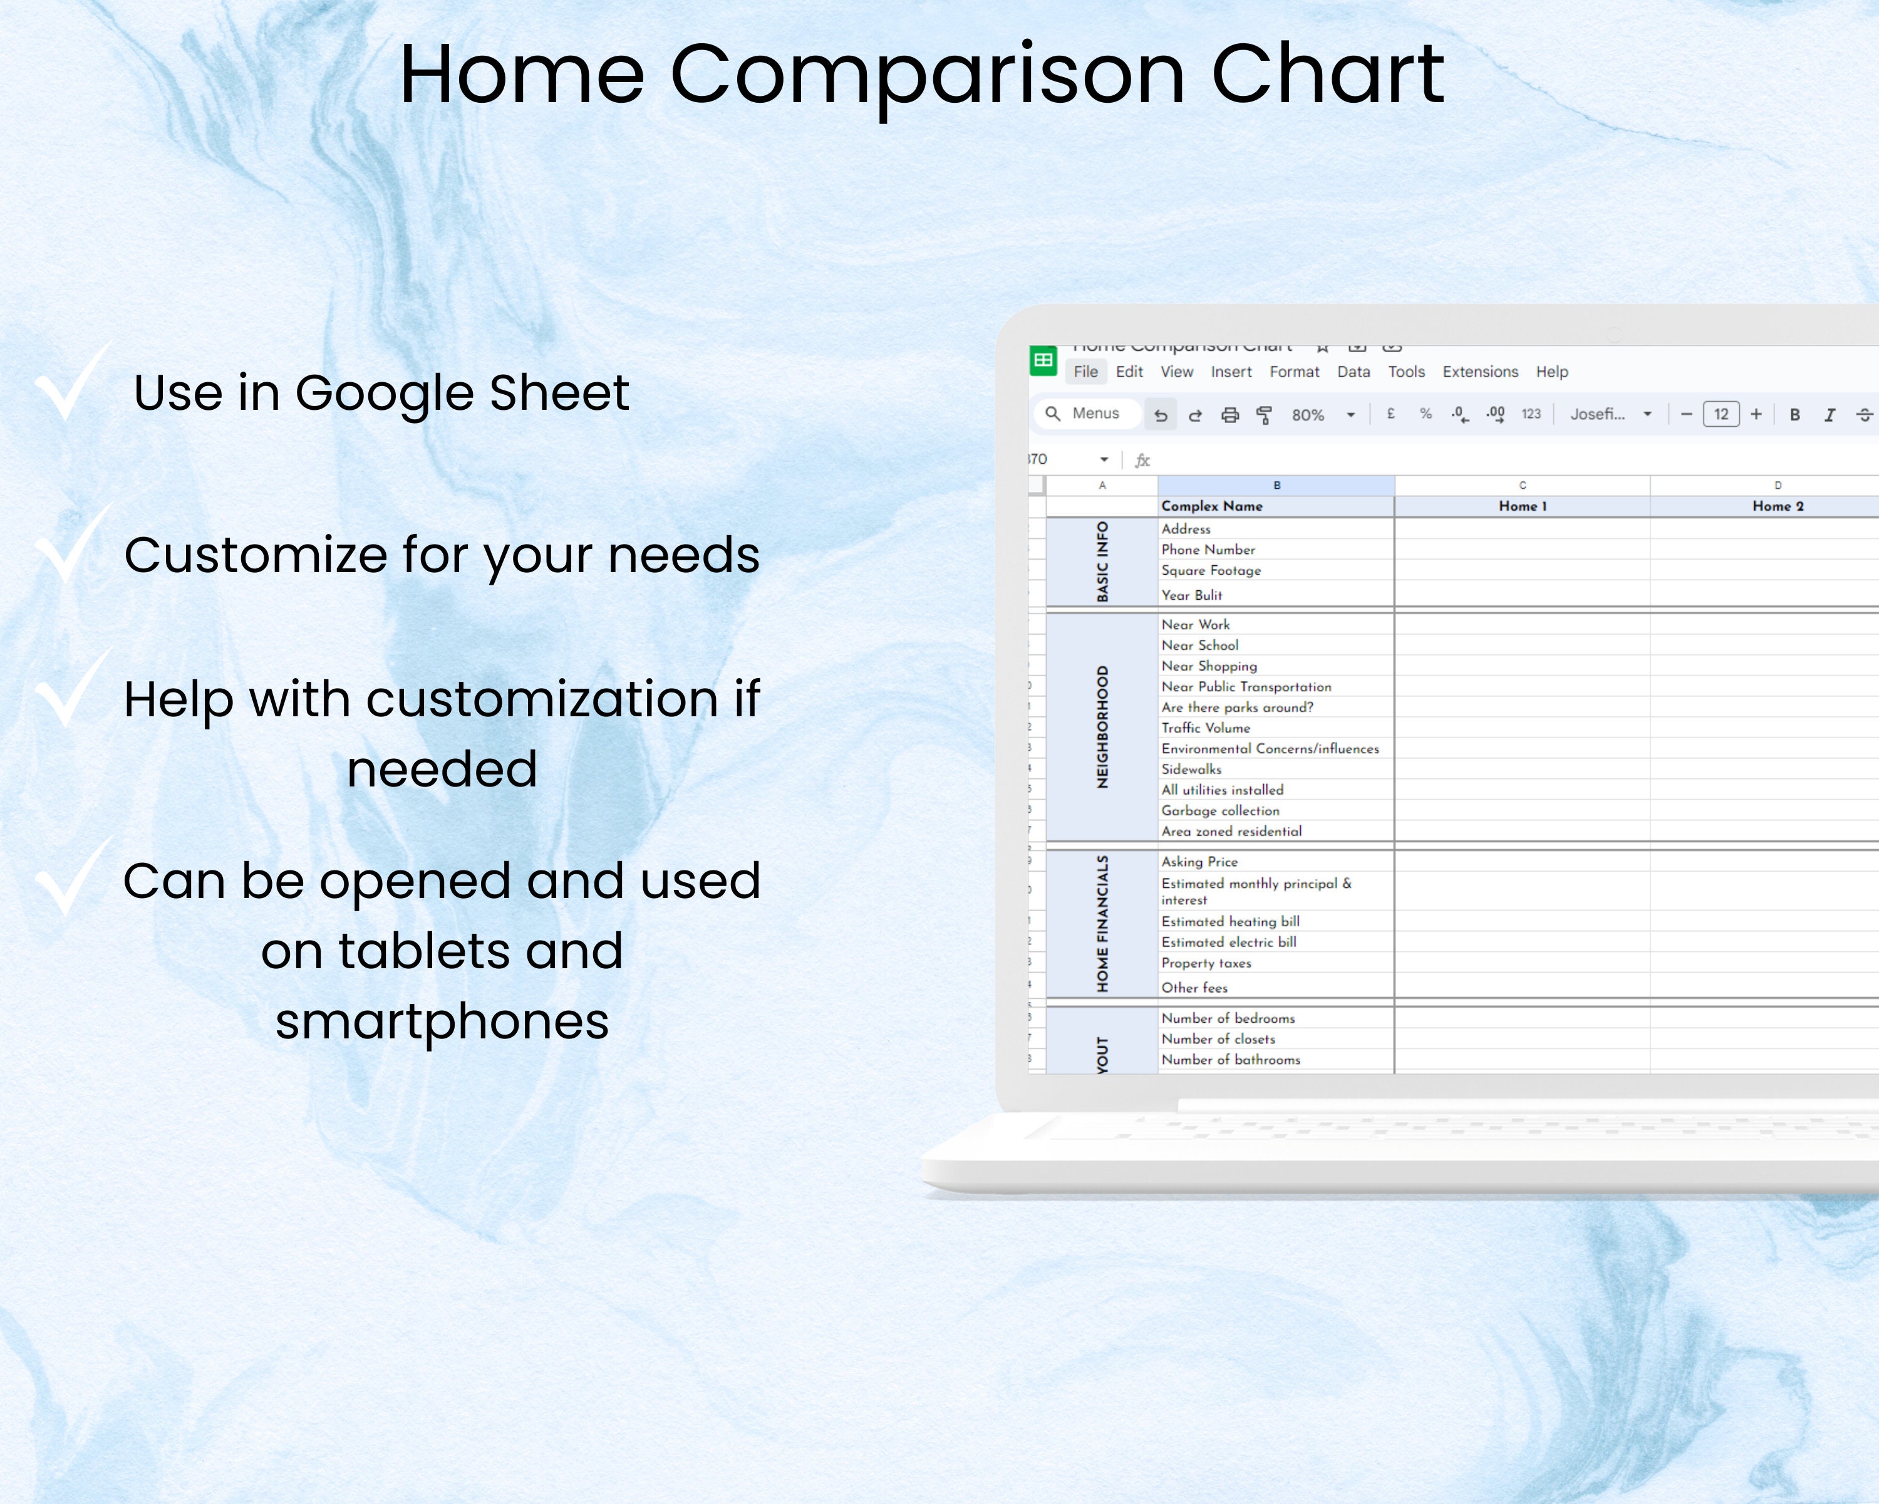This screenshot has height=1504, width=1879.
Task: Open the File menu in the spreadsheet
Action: pos(1085,372)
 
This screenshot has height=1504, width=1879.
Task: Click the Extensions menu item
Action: pos(1480,372)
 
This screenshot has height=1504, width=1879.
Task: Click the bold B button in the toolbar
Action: pos(1794,415)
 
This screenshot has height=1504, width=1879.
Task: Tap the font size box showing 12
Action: pos(1721,414)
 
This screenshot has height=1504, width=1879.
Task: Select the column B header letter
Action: pos(1276,486)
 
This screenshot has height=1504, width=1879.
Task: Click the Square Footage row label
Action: pos(1211,571)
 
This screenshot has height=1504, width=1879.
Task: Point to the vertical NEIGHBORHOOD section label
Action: pos(1102,727)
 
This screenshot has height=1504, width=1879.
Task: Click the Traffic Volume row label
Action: pos(1205,728)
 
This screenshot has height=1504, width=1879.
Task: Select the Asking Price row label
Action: pos(1199,862)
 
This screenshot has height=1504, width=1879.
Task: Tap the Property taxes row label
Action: pos(1206,963)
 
